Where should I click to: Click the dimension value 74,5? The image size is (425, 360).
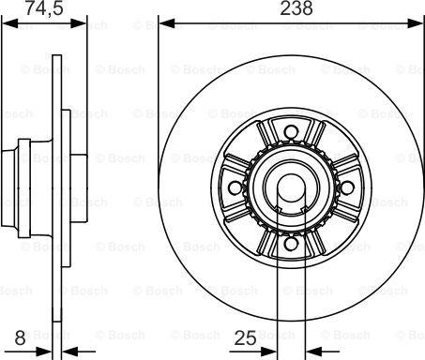coord(44,7)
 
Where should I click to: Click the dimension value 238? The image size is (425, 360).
coord(296,7)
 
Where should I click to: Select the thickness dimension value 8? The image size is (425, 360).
coord(20,337)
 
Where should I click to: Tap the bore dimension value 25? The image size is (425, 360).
coord(246,337)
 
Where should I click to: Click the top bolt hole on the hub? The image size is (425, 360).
coord(291,131)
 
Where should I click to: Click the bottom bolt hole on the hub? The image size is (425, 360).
coord(291,244)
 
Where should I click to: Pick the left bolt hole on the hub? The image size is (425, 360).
coord(235,187)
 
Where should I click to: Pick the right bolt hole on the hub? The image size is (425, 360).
coord(347,187)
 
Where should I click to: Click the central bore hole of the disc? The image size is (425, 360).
coord(291,187)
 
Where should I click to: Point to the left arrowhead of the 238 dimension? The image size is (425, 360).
coord(167,23)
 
